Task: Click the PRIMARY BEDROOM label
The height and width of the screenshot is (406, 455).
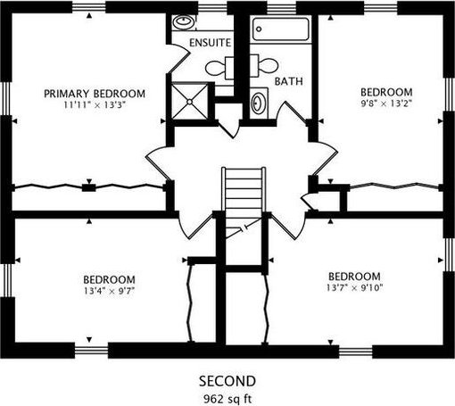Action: pos(95,94)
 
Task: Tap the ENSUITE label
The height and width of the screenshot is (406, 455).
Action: pos(211,43)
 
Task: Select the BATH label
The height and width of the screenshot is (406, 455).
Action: pos(288,81)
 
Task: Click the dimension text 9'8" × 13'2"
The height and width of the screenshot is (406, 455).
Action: pos(386,104)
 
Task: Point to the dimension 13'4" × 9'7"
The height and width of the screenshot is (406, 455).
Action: pos(109,291)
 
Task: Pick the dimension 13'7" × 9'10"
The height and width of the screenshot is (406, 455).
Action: pos(354,287)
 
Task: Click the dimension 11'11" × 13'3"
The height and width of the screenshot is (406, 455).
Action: pos(95,104)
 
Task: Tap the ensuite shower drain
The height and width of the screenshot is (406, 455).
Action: pos(190,102)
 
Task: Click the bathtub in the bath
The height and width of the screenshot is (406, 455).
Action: pos(281,29)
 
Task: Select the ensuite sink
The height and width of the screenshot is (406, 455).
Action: pos(184,21)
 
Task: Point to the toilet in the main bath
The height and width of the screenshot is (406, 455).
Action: pos(264,66)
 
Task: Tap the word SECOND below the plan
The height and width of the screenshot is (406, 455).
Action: pos(227,381)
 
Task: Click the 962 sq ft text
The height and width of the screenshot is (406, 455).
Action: pos(227,398)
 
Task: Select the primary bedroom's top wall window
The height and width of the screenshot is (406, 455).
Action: pos(89,7)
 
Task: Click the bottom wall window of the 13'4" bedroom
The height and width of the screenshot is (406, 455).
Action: pos(91,351)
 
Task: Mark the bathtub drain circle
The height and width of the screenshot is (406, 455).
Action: pos(259,29)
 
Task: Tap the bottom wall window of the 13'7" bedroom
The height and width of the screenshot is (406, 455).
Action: pos(356,352)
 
